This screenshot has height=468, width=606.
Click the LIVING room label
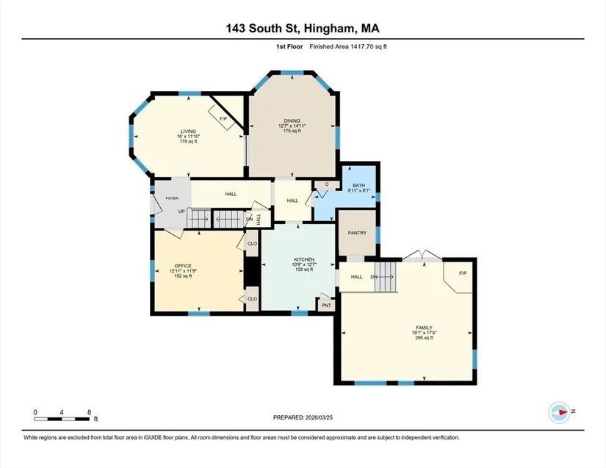(x=189, y=132)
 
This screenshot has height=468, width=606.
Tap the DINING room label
(x=292, y=121)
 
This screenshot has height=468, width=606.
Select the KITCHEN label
(x=304, y=259)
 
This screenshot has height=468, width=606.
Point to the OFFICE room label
(x=183, y=266)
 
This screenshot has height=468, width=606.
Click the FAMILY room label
(x=424, y=328)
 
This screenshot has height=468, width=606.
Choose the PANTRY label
(x=357, y=233)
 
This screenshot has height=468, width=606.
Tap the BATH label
(x=358, y=185)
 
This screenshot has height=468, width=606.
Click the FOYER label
(x=172, y=198)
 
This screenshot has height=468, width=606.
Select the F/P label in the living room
(x=223, y=119)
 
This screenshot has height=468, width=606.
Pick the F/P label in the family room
(x=463, y=273)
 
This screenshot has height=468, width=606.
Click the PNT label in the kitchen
(x=327, y=306)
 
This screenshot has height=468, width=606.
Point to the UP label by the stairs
(x=181, y=212)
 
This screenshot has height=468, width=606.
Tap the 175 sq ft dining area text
(x=292, y=131)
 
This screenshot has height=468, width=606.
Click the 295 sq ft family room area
(x=424, y=338)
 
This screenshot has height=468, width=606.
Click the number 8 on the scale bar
(x=90, y=412)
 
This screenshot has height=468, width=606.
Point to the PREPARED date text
(x=303, y=417)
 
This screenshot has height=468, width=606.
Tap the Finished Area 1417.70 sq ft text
(x=348, y=47)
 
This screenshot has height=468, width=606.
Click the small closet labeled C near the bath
(x=327, y=184)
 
